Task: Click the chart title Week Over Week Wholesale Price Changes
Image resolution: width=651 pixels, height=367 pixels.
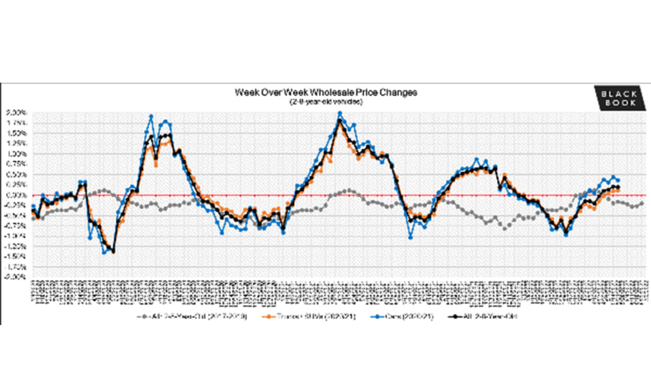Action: pyautogui.click(x=325, y=92)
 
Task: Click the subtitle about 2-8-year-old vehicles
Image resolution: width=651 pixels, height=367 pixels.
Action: pyautogui.click(x=325, y=102)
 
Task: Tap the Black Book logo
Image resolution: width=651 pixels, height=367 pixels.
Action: pyautogui.click(x=618, y=98)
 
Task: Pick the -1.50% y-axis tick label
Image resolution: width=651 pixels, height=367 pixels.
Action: pyautogui.click(x=17, y=256)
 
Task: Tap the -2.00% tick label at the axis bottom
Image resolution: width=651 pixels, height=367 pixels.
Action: pyautogui.click(x=17, y=277)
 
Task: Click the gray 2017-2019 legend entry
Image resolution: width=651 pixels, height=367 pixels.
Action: pyautogui.click(x=193, y=316)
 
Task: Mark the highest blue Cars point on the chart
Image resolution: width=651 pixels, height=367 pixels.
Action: pyautogui.click(x=340, y=114)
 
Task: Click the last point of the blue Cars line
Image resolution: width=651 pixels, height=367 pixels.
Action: pyautogui.click(x=618, y=180)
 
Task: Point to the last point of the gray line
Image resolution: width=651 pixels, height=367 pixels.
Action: pyautogui.click(x=642, y=203)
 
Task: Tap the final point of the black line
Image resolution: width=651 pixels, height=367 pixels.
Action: pyautogui.click(x=618, y=187)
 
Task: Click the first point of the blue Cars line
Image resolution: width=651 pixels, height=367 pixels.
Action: pyautogui.click(x=33, y=207)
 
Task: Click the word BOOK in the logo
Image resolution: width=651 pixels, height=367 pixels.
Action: pyautogui.click(x=618, y=104)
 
